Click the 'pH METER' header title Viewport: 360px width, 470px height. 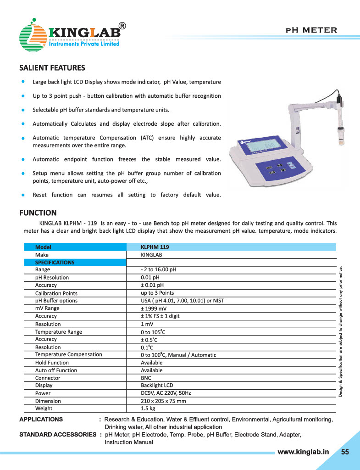[311, 30]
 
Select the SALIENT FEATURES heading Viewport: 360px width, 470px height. [52, 68]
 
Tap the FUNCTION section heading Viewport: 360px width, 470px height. [38, 213]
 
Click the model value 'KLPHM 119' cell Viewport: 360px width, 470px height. [155, 247]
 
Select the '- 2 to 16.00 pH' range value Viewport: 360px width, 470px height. [158, 270]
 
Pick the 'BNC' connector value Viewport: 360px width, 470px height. [146, 378]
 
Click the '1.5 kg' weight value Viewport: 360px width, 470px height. [148, 408]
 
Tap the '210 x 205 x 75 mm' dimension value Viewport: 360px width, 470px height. [163, 401]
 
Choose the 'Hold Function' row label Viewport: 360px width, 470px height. [52, 363]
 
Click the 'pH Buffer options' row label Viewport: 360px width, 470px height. [56, 301]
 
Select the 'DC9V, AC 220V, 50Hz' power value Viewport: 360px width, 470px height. [166, 393]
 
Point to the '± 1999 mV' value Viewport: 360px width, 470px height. [154, 308]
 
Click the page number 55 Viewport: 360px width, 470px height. [345, 452]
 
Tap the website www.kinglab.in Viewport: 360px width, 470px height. [304, 452]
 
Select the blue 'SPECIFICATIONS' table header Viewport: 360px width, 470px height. [55, 263]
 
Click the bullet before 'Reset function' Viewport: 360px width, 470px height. [22, 195]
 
